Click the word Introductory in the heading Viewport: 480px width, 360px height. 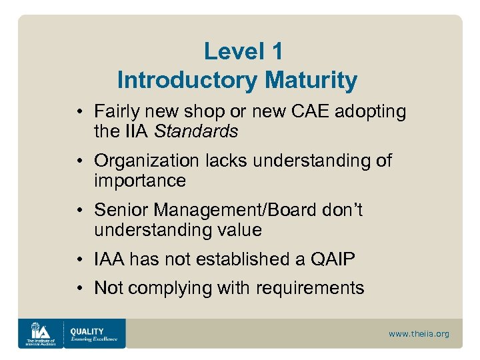187,81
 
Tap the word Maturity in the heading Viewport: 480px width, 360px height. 311,81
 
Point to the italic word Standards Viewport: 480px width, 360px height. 196,131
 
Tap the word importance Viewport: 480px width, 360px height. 140,181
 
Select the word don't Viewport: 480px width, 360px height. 341,210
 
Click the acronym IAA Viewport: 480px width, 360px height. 109,259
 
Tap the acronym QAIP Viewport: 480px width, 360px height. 330,259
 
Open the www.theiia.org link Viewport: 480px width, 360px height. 419,334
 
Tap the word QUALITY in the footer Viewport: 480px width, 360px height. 87,331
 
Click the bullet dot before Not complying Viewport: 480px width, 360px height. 79,288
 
